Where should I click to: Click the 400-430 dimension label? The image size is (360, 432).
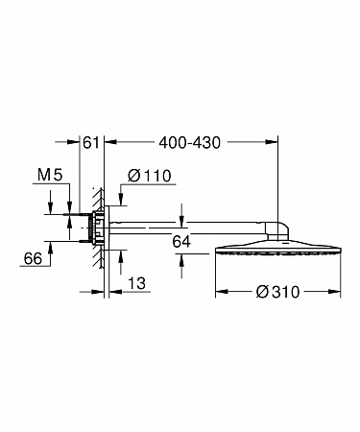pyautogui.click(x=190, y=142)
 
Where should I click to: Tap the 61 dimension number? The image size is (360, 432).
pyautogui.click(x=91, y=142)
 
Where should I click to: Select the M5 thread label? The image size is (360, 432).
pyautogui.click(x=50, y=175)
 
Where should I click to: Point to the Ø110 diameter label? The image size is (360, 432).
pyautogui.click(x=150, y=176)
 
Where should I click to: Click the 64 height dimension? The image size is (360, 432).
pyautogui.click(x=181, y=242)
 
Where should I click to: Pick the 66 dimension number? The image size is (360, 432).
pyautogui.click(x=33, y=258)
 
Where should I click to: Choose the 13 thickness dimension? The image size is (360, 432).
pyautogui.click(x=136, y=283)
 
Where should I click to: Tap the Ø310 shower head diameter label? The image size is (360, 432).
pyautogui.click(x=277, y=292)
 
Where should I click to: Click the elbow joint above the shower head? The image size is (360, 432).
pyautogui.click(x=276, y=231)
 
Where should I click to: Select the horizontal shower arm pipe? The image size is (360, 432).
pyautogui.click(x=187, y=228)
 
